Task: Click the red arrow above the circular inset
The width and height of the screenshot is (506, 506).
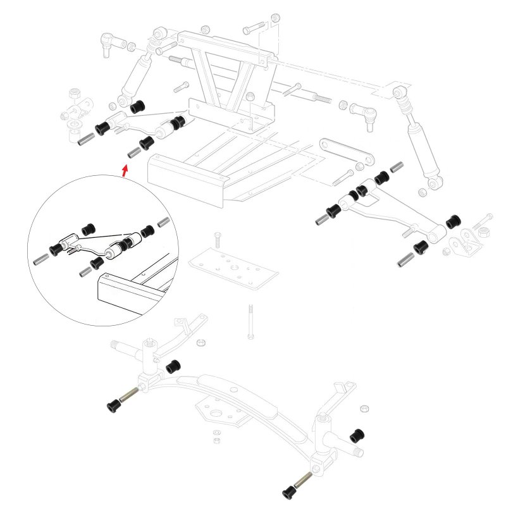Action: tap(125, 170)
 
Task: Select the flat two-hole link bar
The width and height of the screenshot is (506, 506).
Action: tap(345, 152)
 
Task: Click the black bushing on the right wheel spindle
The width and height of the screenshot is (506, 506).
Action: tap(358, 436)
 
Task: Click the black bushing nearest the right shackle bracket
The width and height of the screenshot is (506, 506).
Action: tap(453, 223)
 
